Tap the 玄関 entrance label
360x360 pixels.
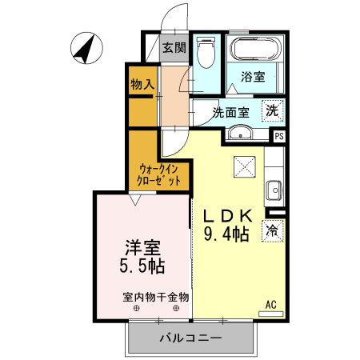pyautogui.click(x=174, y=47)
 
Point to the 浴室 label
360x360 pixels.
pyautogui.click(x=254, y=78)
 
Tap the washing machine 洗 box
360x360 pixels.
pyautogui.click(x=273, y=111)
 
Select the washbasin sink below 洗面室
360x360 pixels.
pyautogui.click(x=241, y=134)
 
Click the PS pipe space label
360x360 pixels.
pyautogui.click(x=278, y=137)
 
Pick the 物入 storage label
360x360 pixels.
pyautogui.click(x=143, y=84)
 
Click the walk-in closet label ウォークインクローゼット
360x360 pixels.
pyautogui.click(x=159, y=175)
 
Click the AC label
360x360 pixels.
pyautogui.click(x=270, y=304)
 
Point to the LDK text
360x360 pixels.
pyautogui.click(x=229, y=217)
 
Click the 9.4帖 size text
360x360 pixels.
pyautogui.click(x=226, y=235)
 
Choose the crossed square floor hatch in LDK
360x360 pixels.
pyautogui.click(x=243, y=167)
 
